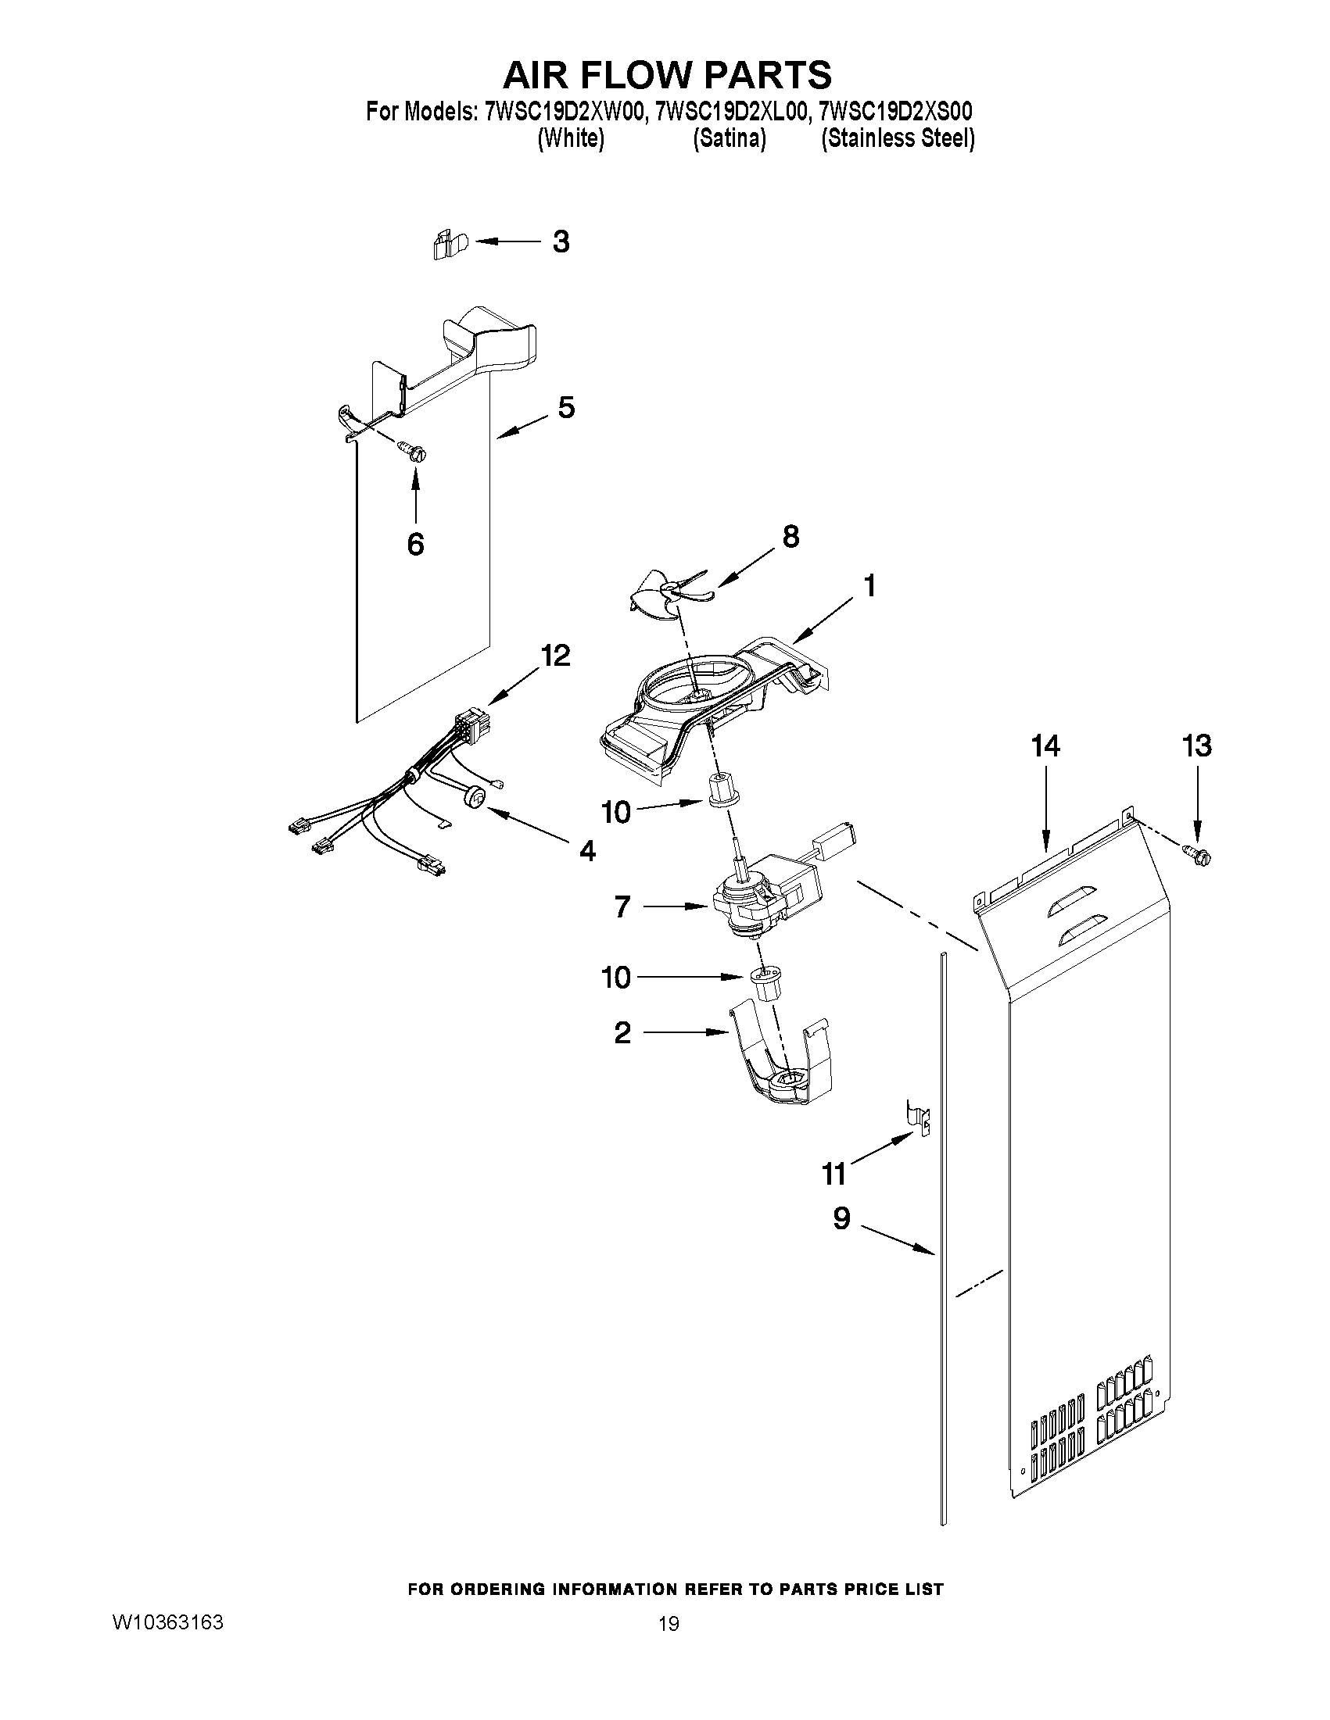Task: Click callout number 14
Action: coord(1045,746)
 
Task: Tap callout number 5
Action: coord(567,408)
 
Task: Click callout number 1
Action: coord(868,586)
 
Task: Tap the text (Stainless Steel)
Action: coord(898,139)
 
